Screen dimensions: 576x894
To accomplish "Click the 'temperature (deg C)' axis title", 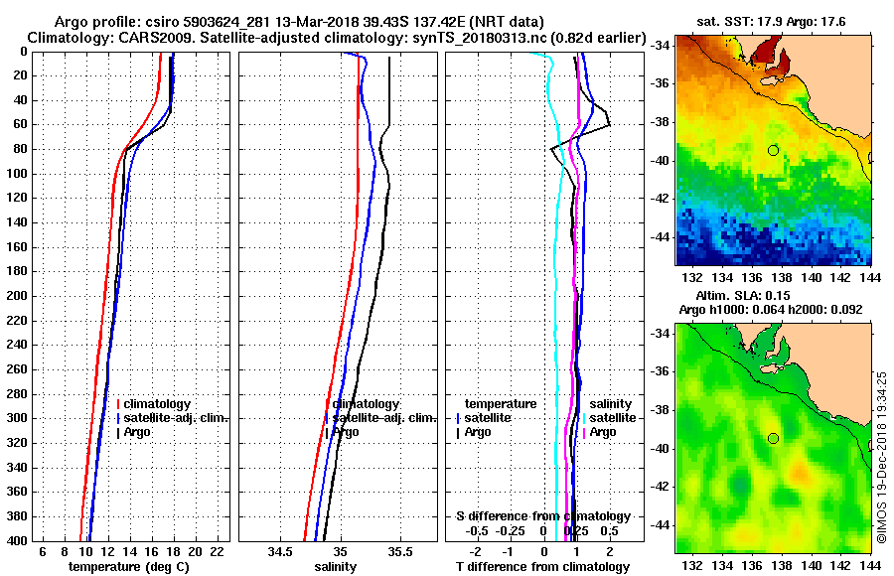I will (128, 567).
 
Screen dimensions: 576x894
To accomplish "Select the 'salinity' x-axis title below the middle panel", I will (335, 567).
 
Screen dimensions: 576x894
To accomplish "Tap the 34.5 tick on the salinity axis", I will (280, 551).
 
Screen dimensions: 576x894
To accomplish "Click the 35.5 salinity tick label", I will (400, 551).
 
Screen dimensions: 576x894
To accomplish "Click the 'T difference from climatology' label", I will (542, 567).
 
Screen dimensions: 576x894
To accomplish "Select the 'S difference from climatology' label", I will (542, 516).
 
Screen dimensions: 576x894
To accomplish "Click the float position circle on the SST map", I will (773, 150).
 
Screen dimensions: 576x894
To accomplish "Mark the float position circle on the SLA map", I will (773, 438).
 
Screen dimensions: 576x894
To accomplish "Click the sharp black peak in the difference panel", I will (609, 123).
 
